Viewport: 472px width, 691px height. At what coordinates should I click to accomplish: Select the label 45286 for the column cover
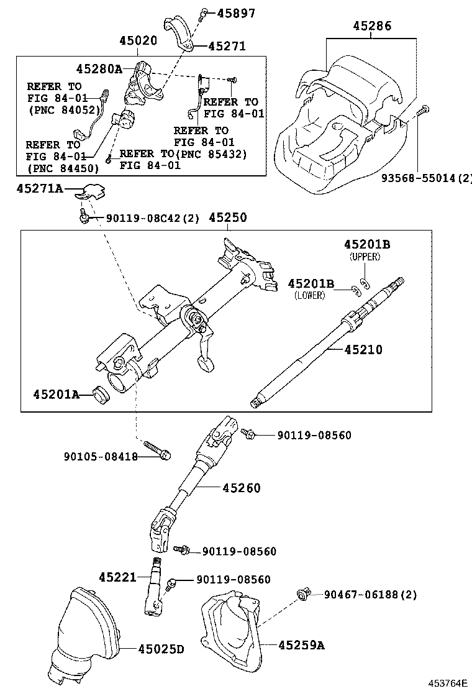click(x=372, y=26)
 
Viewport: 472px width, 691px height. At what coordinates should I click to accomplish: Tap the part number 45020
click(x=138, y=41)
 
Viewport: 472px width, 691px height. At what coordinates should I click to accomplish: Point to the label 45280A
click(x=99, y=68)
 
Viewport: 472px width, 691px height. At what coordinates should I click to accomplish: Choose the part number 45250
click(x=227, y=217)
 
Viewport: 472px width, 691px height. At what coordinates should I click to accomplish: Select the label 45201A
click(x=57, y=393)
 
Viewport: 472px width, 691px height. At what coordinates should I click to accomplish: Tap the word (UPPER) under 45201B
click(x=365, y=257)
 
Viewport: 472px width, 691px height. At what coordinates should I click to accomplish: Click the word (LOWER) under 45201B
click(x=309, y=295)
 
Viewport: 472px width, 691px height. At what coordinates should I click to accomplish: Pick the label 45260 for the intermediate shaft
click(x=242, y=488)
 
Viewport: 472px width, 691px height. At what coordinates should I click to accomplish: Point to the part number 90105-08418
click(x=101, y=457)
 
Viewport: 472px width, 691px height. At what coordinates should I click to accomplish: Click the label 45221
click(x=117, y=577)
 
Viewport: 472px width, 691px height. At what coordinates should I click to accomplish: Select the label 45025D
click(x=161, y=649)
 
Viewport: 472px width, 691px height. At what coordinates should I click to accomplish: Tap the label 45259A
click(x=301, y=645)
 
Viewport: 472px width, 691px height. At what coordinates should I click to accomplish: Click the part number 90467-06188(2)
click(x=370, y=595)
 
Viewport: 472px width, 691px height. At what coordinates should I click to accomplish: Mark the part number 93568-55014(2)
click(x=426, y=178)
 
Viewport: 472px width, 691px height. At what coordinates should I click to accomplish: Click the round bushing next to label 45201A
click(x=99, y=394)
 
